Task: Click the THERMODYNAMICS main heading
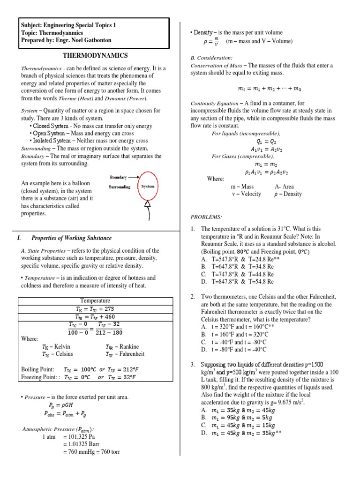(x=95, y=55)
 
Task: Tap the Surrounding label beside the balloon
(x=120, y=186)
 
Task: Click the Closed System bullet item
(x=90, y=126)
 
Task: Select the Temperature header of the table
(x=95, y=300)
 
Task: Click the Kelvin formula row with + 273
(x=95, y=308)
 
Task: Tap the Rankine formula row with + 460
(x=95, y=317)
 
